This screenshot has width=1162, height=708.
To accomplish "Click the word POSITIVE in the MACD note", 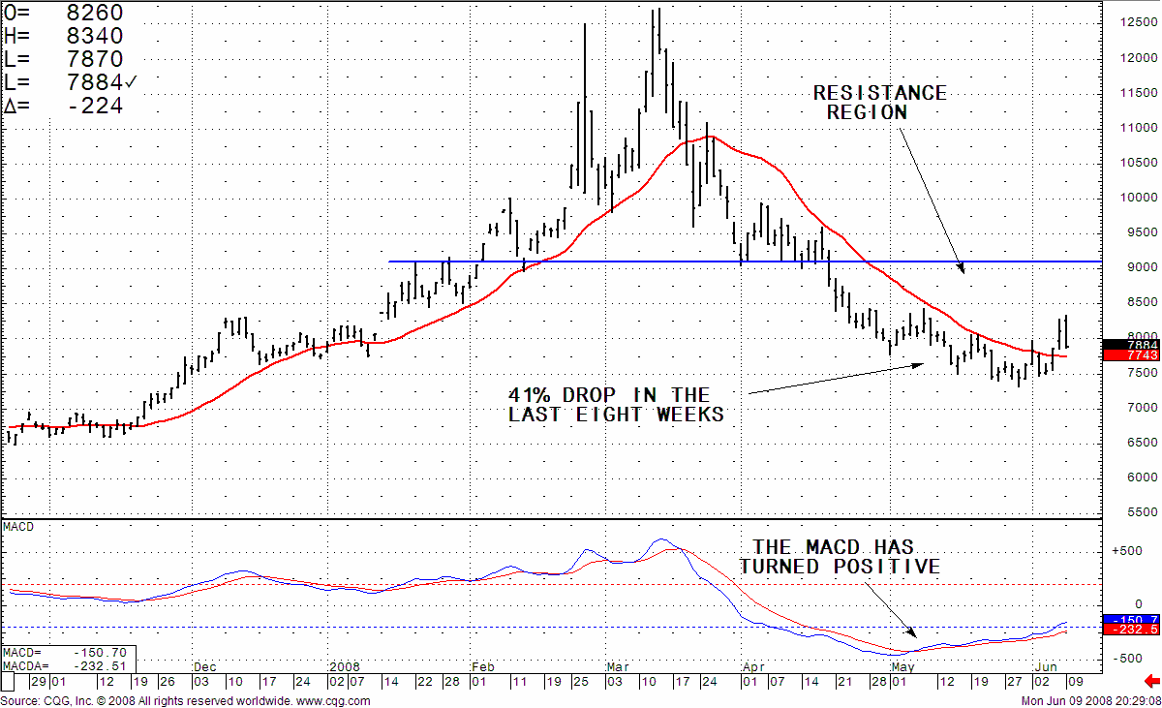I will pos(887,567).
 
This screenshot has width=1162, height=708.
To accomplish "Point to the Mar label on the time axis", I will pos(617,667).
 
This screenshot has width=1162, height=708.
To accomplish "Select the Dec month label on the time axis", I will pos(204,667).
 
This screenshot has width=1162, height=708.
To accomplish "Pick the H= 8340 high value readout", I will pos(64,36).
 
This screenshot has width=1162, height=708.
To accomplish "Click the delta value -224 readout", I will pos(64,106).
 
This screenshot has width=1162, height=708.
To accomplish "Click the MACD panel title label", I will pos(18,527).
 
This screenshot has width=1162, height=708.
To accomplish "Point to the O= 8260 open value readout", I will pos(64,14).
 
